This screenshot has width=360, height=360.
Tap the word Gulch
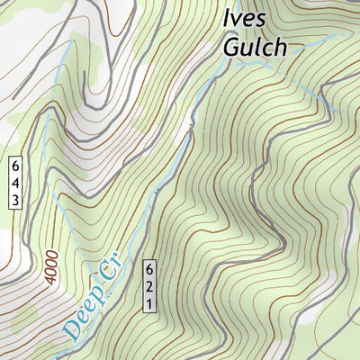pyautogui.click(x=256, y=47)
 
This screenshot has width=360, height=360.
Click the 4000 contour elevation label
pyautogui.click(x=51, y=268)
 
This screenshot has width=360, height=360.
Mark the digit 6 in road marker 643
pyautogui.click(x=15, y=166)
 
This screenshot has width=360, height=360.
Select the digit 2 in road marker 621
pyautogui.click(x=149, y=286)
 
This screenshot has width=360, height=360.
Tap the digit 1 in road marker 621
pyautogui.click(x=149, y=303)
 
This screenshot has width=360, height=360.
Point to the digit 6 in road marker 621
pyautogui.click(x=149, y=270)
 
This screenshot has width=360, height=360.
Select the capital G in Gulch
pyautogui.click(x=232, y=47)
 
